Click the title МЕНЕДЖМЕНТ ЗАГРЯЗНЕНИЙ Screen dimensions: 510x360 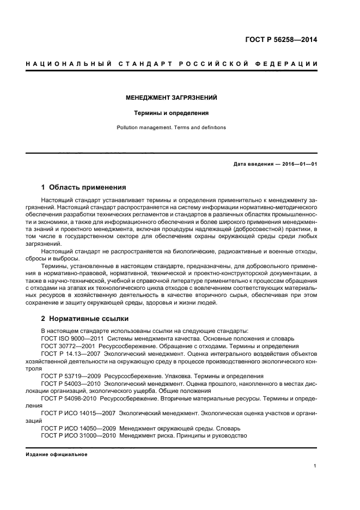point(172,98)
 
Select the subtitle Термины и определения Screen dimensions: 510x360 point(172,113)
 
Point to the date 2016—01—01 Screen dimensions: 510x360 point(297,163)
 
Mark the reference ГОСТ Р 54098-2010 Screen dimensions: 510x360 point(72,398)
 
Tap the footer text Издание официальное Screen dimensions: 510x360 point(56,454)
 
